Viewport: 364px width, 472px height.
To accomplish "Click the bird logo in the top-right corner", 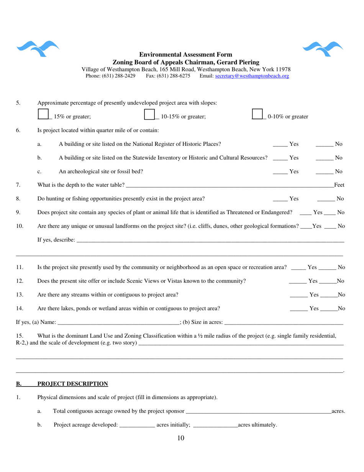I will coord(323,48).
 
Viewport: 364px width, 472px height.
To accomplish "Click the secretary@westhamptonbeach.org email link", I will coord(252,76).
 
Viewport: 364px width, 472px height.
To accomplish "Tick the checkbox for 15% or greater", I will coord(43,114).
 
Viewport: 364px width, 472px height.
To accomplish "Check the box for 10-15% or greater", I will coord(149,114).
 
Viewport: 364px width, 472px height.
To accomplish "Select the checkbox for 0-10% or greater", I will coord(257,114).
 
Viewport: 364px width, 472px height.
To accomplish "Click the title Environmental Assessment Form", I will coord(185,55).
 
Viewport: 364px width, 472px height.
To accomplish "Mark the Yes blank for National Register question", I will coord(280,145).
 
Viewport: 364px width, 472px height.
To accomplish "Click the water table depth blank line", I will coord(230,186).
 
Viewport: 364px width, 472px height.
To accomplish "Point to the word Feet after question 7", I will coord(339,185).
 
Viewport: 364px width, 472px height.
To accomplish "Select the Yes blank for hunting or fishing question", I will coord(280,199).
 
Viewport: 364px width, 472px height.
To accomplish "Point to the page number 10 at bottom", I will coord(181,438).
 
